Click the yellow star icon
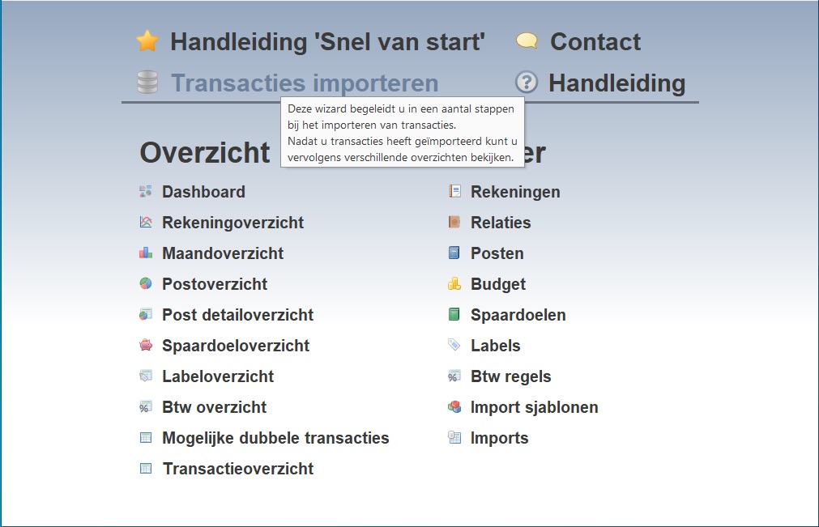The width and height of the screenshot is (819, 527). tap(147, 41)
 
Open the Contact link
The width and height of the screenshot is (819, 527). tap(595, 42)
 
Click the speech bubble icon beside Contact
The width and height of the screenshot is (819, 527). tap(527, 40)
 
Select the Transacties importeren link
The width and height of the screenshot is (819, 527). tap(305, 83)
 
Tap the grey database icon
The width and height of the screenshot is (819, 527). tap(147, 83)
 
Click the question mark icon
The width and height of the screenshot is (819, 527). tap(527, 83)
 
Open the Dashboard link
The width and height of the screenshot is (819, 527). tap(203, 192)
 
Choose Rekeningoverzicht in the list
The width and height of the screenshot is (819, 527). tap(233, 223)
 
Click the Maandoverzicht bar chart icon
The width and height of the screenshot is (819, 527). tap(146, 253)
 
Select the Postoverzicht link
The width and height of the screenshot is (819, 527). tap(215, 284)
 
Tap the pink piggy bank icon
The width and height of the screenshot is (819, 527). tap(146, 345)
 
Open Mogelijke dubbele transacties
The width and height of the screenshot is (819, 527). tap(275, 438)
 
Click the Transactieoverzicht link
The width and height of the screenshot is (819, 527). tap(238, 469)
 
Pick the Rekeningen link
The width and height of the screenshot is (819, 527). tap(515, 192)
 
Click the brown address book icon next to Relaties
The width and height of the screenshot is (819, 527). tap(454, 223)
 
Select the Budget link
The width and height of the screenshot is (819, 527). tap(498, 284)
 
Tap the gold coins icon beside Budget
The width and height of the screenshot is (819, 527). tap(454, 284)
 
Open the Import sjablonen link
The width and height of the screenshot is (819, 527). tap(535, 407)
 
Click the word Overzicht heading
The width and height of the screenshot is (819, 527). tap(205, 152)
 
